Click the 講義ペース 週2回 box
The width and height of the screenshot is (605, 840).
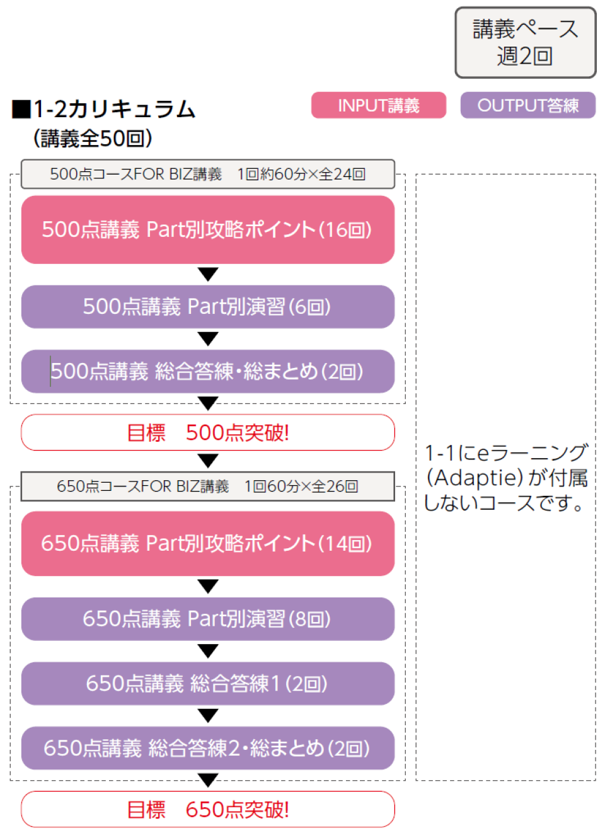pos(525,43)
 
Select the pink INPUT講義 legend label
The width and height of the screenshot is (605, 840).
pos(378,105)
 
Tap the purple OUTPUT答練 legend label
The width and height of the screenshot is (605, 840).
pos(527,105)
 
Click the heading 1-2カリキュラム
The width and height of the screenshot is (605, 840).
pos(114,109)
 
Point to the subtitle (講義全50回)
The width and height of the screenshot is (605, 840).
pos(93,138)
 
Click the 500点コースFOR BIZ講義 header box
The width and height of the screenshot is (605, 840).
pos(207,174)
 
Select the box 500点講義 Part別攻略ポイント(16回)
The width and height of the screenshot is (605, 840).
pos(207,229)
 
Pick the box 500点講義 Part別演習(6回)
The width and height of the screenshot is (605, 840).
pos(207,306)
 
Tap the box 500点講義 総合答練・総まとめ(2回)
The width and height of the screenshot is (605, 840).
pos(207,371)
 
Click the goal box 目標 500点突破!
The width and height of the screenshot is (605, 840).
pos(207,432)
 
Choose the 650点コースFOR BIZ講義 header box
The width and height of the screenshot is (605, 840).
pos(207,486)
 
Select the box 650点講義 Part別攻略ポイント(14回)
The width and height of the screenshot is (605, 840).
pos(207,543)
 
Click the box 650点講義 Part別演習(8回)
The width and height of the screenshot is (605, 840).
pos(207,619)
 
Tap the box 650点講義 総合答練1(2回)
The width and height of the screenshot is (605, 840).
pos(207,683)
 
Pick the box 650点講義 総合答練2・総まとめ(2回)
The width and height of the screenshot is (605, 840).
pos(207,748)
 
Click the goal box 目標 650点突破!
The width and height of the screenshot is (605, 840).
pos(207,809)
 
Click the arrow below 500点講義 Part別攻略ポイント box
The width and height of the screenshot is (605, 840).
pos(207,273)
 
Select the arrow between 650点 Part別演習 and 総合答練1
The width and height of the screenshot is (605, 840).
pos(207,650)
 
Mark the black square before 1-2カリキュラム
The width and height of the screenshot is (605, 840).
pos(21,110)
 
